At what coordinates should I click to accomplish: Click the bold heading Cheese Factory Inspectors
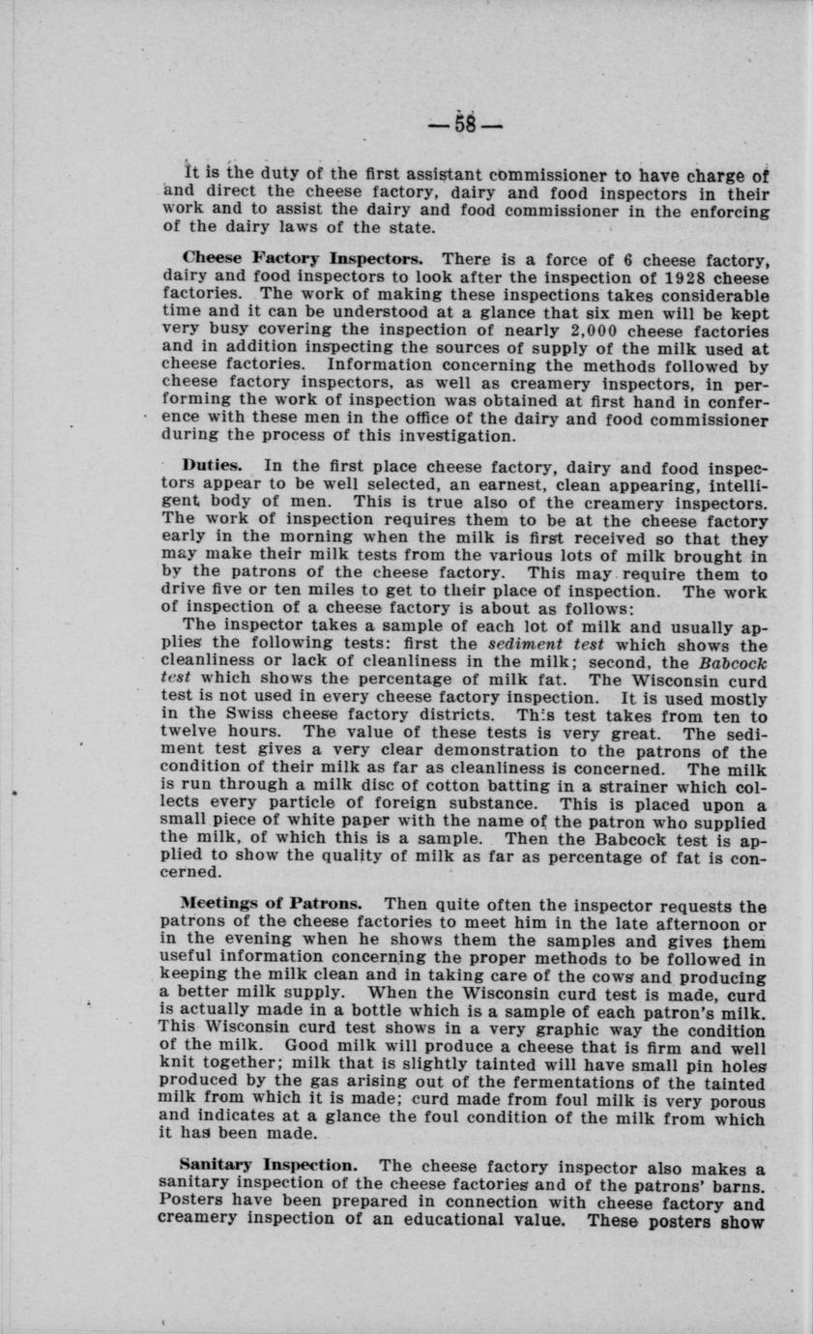tap(302, 260)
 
